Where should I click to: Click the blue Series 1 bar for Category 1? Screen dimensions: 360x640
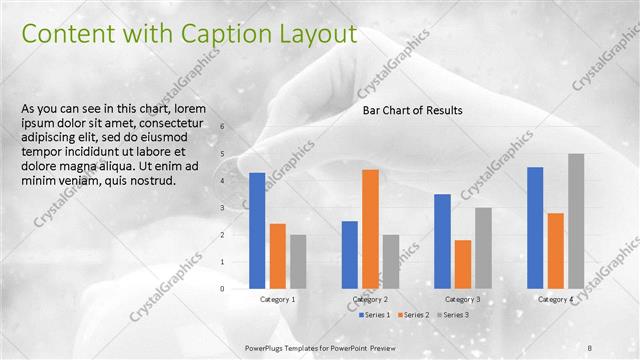coord(257,230)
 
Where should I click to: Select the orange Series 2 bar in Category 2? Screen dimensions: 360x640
coord(370,228)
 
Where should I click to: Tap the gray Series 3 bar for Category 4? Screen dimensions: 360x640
coord(576,221)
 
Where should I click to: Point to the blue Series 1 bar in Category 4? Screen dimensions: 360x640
coord(535,227)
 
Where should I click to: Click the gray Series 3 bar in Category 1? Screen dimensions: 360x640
coord(298,261)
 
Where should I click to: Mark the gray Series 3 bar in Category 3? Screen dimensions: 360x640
coord(483,248)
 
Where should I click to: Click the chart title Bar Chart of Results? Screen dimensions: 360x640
coord(412,111)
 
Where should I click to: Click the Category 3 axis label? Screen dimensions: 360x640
coord(463,300)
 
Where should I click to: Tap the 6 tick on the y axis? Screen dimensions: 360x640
coord(223,126)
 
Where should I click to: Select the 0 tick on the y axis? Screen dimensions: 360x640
coord(223,288)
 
